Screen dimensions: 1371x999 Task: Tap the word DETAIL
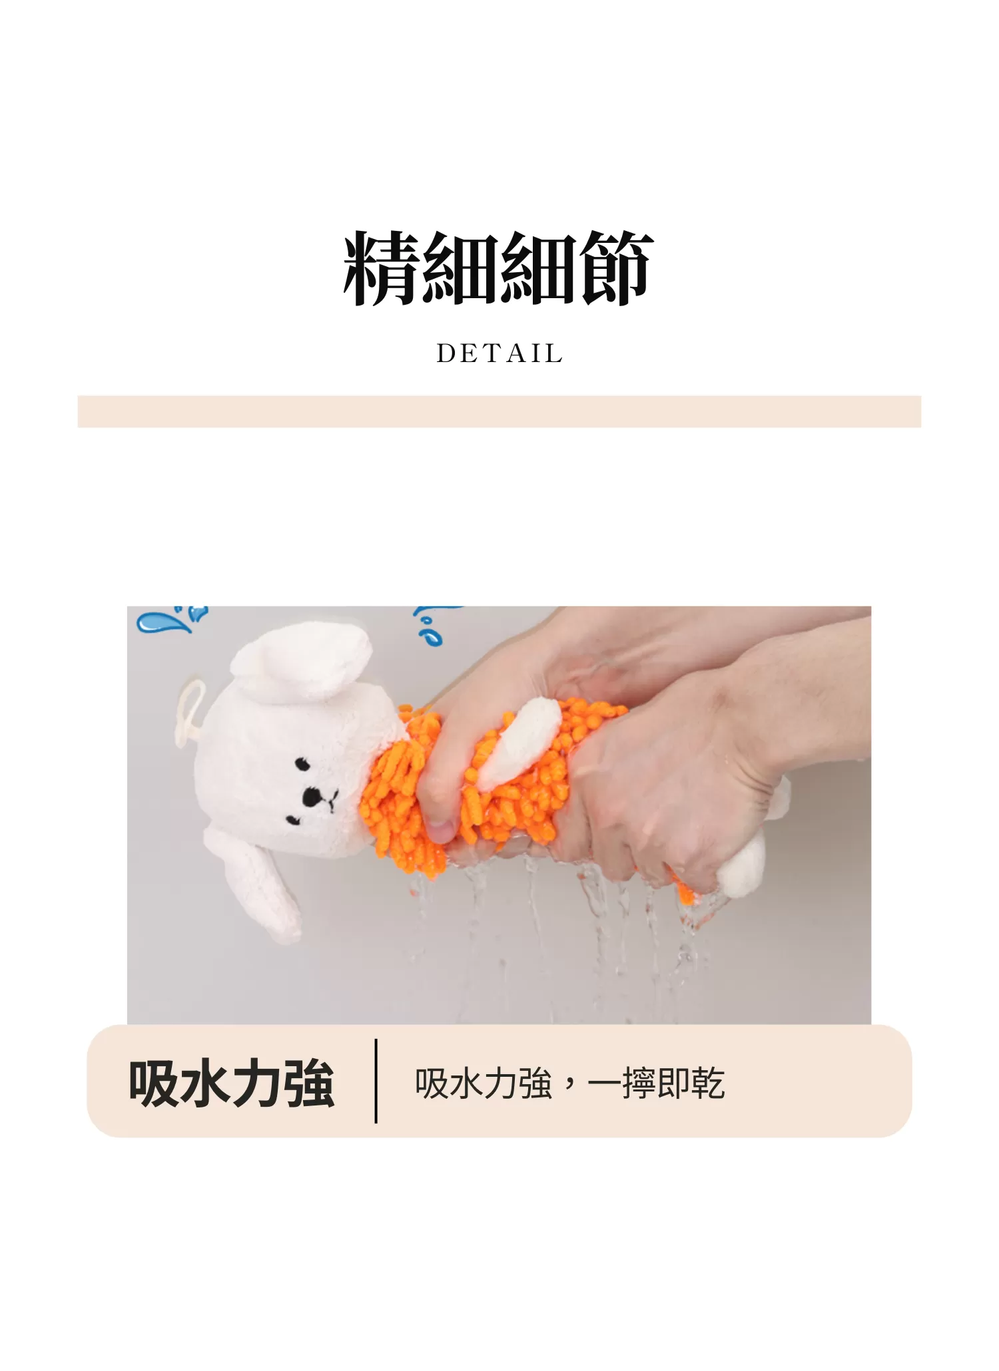(499, 353)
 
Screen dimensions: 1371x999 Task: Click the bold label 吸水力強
(231, 1084)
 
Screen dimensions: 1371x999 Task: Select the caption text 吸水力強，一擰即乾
(569, 1084)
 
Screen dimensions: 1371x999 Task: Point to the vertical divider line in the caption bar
(376, 1081)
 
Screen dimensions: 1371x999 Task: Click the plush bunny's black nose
(310, 796)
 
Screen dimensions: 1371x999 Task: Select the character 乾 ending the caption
(708, 1084)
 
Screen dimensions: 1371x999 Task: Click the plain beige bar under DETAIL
(499, 411)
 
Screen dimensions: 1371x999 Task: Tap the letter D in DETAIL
(445, 353)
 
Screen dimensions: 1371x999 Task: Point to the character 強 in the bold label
(308, 1084)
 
